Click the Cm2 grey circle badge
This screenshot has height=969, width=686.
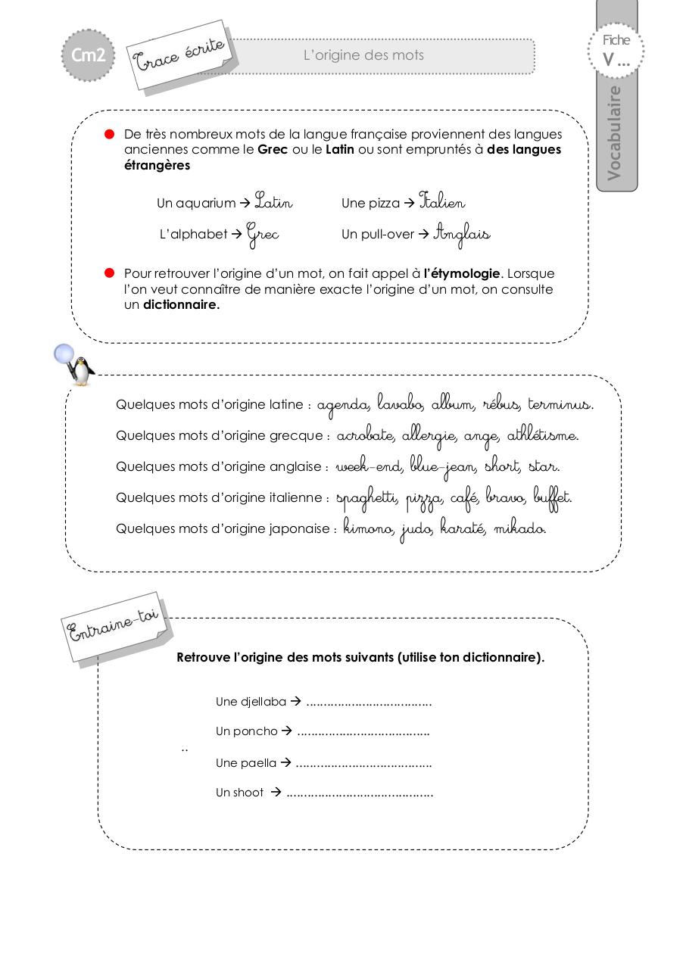click(x=88, y=55)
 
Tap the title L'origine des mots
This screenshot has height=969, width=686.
click(x=363, y=55)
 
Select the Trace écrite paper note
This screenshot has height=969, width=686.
click(x=180, y=55)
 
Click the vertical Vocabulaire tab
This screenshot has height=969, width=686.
click(x=615, y=132)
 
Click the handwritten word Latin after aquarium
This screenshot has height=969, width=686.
click(x=273, y=202)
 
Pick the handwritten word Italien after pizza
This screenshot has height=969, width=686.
click(x=442, y=202)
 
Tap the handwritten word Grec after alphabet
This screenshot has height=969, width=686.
click(x=263, y=235)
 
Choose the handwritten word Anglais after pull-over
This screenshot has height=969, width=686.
click(x=462, y=235)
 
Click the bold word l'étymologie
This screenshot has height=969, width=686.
click(x=462, y=273)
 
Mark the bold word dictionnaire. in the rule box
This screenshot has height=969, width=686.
click(x=182, y=305)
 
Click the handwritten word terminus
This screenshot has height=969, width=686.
click(x=560, y=404)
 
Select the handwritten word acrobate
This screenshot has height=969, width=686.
click(x=366, y=436)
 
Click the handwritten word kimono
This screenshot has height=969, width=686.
click(x=369, y=528)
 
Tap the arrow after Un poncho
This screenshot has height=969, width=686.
click(x=287, y=731)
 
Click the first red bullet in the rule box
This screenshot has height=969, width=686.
click(x=109, y=134)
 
